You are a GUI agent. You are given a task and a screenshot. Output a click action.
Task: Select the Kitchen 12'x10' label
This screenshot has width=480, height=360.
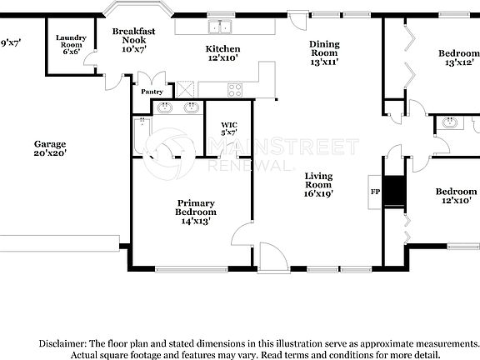click(222, 54)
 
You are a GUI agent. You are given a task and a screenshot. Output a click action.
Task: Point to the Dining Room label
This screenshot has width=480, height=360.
click(325, 53)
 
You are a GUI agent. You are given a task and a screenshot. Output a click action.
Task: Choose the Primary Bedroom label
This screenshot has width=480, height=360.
click(196, 212)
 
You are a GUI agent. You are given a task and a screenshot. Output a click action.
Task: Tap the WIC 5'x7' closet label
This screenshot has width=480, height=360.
click(229, 129)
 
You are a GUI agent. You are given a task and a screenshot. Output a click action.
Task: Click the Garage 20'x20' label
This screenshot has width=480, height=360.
click(50, 147)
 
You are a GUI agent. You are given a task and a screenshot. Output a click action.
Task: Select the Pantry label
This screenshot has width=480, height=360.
click(152, 92)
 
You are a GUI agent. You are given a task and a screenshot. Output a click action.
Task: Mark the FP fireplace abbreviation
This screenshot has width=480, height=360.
click(375, 191)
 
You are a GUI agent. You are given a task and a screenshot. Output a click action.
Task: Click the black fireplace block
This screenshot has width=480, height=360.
click(398, 192)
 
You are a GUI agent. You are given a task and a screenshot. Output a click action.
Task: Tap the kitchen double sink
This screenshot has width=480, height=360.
click(221, 26)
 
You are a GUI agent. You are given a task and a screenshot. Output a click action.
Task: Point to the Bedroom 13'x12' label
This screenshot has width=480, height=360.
click(460, 57)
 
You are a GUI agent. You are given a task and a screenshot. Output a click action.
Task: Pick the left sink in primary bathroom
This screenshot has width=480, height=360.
click(165, 107)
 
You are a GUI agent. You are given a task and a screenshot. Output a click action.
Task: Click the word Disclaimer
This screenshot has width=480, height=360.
click(62, 343)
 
